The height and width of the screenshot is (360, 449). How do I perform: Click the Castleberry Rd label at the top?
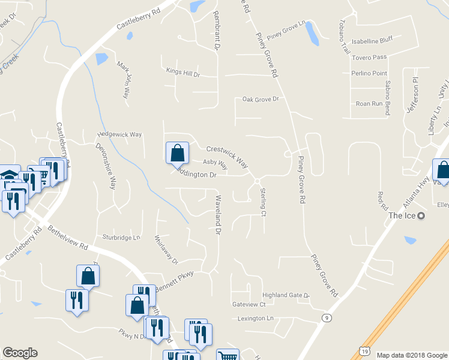139,19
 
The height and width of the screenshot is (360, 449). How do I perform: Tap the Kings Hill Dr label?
183,74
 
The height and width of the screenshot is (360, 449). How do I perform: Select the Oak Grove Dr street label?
261,99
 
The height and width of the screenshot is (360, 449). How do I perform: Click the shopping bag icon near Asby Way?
177,153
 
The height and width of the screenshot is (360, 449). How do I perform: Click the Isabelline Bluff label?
372,41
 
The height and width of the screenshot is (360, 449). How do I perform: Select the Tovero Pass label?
370,57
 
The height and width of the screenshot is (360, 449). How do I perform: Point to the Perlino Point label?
369,73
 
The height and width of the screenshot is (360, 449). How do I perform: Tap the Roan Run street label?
369,103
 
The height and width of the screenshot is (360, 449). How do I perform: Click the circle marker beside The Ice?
421,216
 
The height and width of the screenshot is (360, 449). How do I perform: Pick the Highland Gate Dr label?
286,296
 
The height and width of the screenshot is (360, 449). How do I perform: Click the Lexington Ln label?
255,318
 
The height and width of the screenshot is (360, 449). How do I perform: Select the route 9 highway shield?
327,317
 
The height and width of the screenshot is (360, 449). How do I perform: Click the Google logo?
20,353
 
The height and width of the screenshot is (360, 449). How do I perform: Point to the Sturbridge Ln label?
121,237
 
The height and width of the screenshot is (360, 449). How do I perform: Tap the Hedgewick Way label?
120,136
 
